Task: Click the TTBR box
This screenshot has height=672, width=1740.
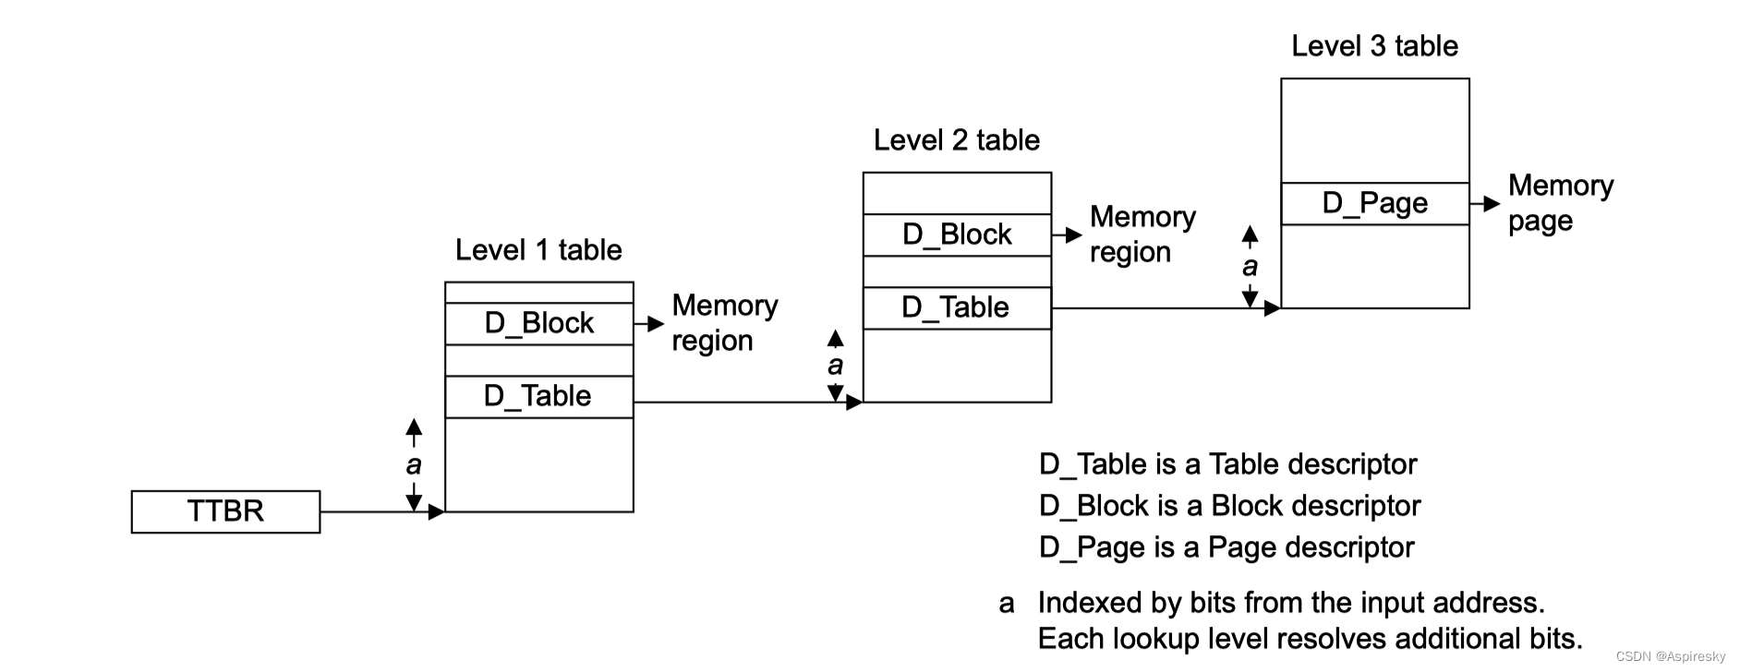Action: click(225, 511)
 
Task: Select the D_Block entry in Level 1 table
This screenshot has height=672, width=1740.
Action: click(539, 323)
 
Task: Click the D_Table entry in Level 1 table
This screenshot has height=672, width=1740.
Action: click(539, 396)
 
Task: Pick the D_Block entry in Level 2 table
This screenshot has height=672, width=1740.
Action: click(957, 234)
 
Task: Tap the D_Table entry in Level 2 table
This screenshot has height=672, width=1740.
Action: click(957, 307)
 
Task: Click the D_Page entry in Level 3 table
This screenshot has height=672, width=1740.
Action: click(1374, 203)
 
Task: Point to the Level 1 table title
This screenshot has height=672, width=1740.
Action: click(538, 250)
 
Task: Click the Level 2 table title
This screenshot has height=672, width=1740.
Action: click(957, 140)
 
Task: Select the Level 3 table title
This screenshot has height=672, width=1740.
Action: click(1374, 46)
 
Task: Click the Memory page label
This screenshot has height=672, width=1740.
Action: click(1560, 203)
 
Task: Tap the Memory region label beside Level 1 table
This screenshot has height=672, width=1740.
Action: click(724, 323)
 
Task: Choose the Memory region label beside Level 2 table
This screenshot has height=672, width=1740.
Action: click(1142, 234)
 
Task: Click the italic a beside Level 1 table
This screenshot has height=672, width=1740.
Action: click(414, 464)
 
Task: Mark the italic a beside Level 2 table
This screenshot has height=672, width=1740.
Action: click(835, 366)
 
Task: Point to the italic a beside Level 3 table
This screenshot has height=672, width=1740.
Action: click(1250, 267)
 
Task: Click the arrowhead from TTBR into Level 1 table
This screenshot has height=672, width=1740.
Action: click(437, 511)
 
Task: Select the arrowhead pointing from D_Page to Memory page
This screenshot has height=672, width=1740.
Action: click(1492, 204)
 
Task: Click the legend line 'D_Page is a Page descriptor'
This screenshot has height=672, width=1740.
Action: click(1226, 547)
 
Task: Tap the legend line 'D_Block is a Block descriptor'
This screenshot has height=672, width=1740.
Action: click(1229, 506)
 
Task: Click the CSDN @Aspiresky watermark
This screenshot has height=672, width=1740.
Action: click(1670, 656)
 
